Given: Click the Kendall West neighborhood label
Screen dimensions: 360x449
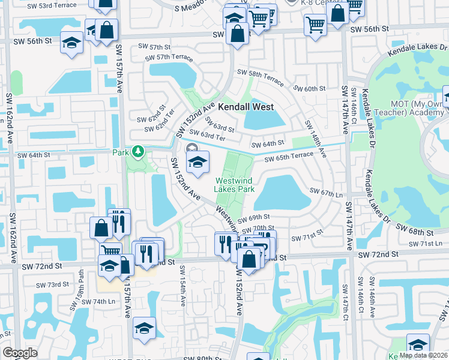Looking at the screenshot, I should (x=246, y=107).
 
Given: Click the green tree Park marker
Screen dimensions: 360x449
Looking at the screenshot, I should (x=139, y=151).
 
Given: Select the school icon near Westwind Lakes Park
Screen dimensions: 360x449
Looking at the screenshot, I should (x=197, y=162).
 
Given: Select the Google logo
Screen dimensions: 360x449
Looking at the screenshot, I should (x=20, y=353).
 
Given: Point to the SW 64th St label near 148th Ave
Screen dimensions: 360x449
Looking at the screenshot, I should (x=267, y=145).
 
